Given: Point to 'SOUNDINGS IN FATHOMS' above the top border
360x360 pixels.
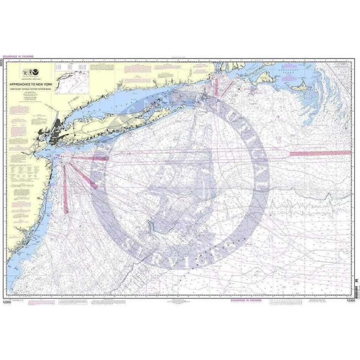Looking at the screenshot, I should click(18, 56).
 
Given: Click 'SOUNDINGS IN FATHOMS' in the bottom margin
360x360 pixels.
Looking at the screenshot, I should click(246, 301).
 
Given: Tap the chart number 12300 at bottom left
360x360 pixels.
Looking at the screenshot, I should click(7, 301).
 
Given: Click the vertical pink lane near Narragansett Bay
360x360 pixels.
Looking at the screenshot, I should click(217, 85).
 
